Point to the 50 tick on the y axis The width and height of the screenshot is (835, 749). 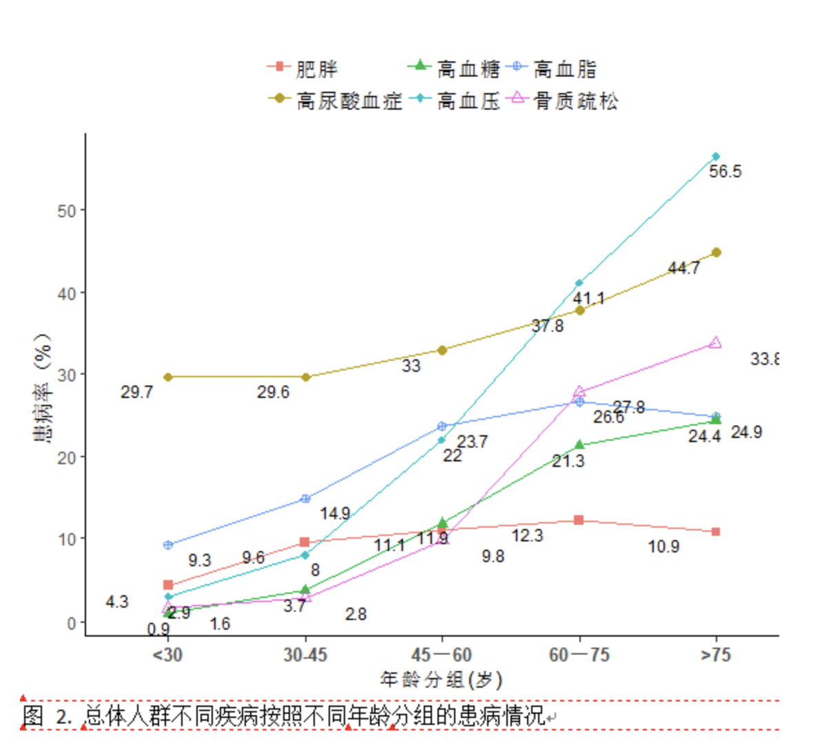point(67,210)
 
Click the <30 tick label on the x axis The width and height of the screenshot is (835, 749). point(167,655)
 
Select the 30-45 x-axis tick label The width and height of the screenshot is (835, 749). point(305,655)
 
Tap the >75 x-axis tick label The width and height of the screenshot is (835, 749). point(716,655)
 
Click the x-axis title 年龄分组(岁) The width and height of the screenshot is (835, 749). point(441,680)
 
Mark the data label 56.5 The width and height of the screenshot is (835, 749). point(725,172)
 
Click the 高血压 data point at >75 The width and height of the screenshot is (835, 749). point(716,157)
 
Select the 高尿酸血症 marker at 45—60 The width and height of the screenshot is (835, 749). point(442,350)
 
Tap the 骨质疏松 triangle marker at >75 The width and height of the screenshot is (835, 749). point(716,342)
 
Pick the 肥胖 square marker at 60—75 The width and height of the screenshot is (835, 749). point(579,519)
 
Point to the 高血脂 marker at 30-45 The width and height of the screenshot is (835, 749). point(306,499)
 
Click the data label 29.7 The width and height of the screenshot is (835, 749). point(136,392)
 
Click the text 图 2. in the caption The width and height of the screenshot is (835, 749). point(47,716)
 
